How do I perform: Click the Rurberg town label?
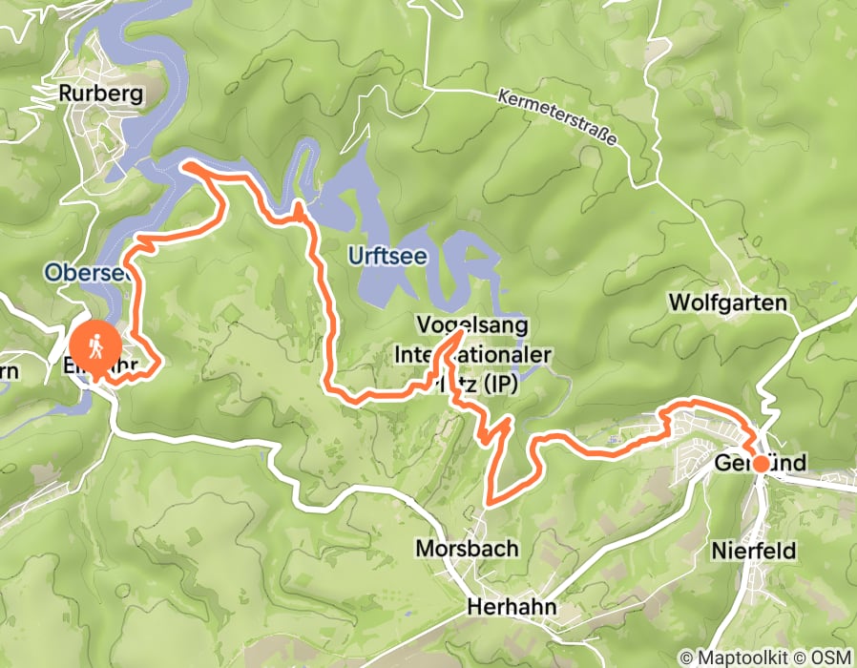pyautogui.click(x=100, y=94)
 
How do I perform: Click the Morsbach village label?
pyautogui.click(x=467, y=548)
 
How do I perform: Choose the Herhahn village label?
pyautogui.click(x=512, y=608)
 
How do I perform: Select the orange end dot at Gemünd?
pyautogui.click(x=761, y=464)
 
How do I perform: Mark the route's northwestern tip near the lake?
pyautogui.click(x=186, y=167)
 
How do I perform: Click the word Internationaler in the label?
pyautogui.click(x=474, y=355)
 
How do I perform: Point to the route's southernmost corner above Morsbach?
pyautogui.click(x=490, y=499)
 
